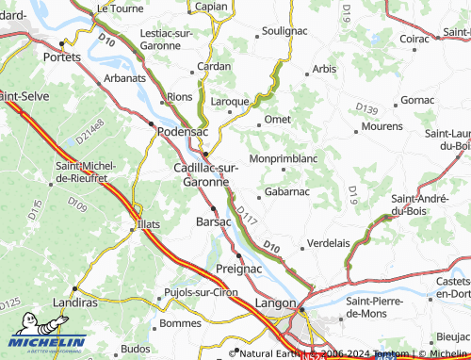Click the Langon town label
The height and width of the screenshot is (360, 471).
[x=274, y=303]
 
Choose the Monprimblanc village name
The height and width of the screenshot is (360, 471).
[x=283, y=158]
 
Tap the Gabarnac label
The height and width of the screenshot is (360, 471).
[x=286, y=191]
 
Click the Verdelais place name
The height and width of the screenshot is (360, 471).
[x=329, y=241]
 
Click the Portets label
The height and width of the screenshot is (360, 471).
[x=63, y=57]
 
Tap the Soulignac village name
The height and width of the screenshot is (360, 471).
[x=284, y=31]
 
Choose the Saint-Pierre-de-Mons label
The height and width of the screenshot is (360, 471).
[x=378, y=306]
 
